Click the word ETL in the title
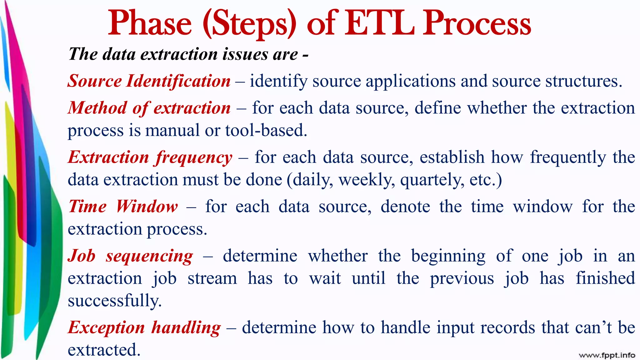point(379,23)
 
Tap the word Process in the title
point(477,23)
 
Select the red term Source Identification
point(149,81)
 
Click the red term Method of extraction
point(149,108)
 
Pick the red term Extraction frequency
point(150,157)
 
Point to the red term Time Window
point(123,207)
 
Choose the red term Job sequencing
point(130,256)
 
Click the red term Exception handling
point(144,328)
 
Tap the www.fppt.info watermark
point(607,355)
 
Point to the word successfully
point(114,301)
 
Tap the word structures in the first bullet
point(583,81)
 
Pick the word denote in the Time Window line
point(405,207)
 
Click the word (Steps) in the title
point(249,24)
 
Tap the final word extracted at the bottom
point(104,350)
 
